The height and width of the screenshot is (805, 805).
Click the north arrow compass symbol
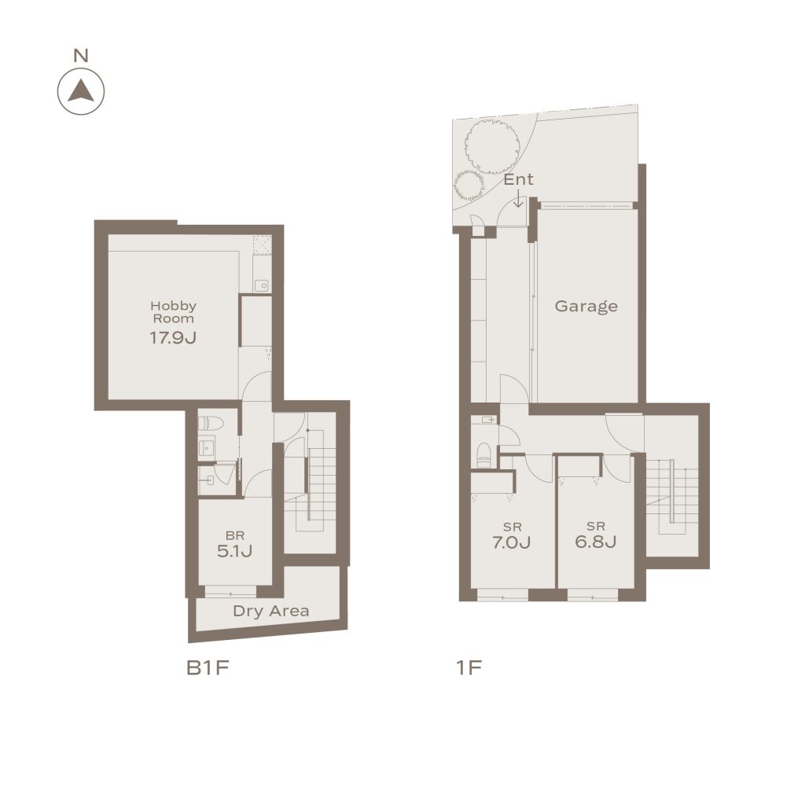tap(81, 91)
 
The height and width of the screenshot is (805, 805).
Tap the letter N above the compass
tap(81, 55)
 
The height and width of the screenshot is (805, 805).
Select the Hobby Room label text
tap(174, 312)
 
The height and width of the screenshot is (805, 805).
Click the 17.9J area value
tap(173, 338)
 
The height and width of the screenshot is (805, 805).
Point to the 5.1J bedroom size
tap(234, 551)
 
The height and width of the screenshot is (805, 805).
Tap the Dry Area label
tap(271, 611)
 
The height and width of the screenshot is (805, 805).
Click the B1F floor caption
tap(208, 668)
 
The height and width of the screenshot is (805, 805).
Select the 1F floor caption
tap(469, 668)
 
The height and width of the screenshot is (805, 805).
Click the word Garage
tap(586, 307)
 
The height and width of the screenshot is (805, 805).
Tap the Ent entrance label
tap(519, 179)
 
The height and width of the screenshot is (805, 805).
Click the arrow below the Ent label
tap(519, 198)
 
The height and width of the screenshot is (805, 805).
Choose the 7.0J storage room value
tap(511, 542)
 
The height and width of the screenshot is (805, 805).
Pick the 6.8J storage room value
tap(596, 542)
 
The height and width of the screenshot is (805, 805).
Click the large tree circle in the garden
tap(491, 146)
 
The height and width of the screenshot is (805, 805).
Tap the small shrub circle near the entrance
tap(469, 186)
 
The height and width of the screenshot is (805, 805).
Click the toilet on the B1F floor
tap(211, 424)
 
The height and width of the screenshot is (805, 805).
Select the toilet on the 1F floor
tap(483, 455)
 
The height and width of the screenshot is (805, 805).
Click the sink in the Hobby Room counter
tap(262, 285)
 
